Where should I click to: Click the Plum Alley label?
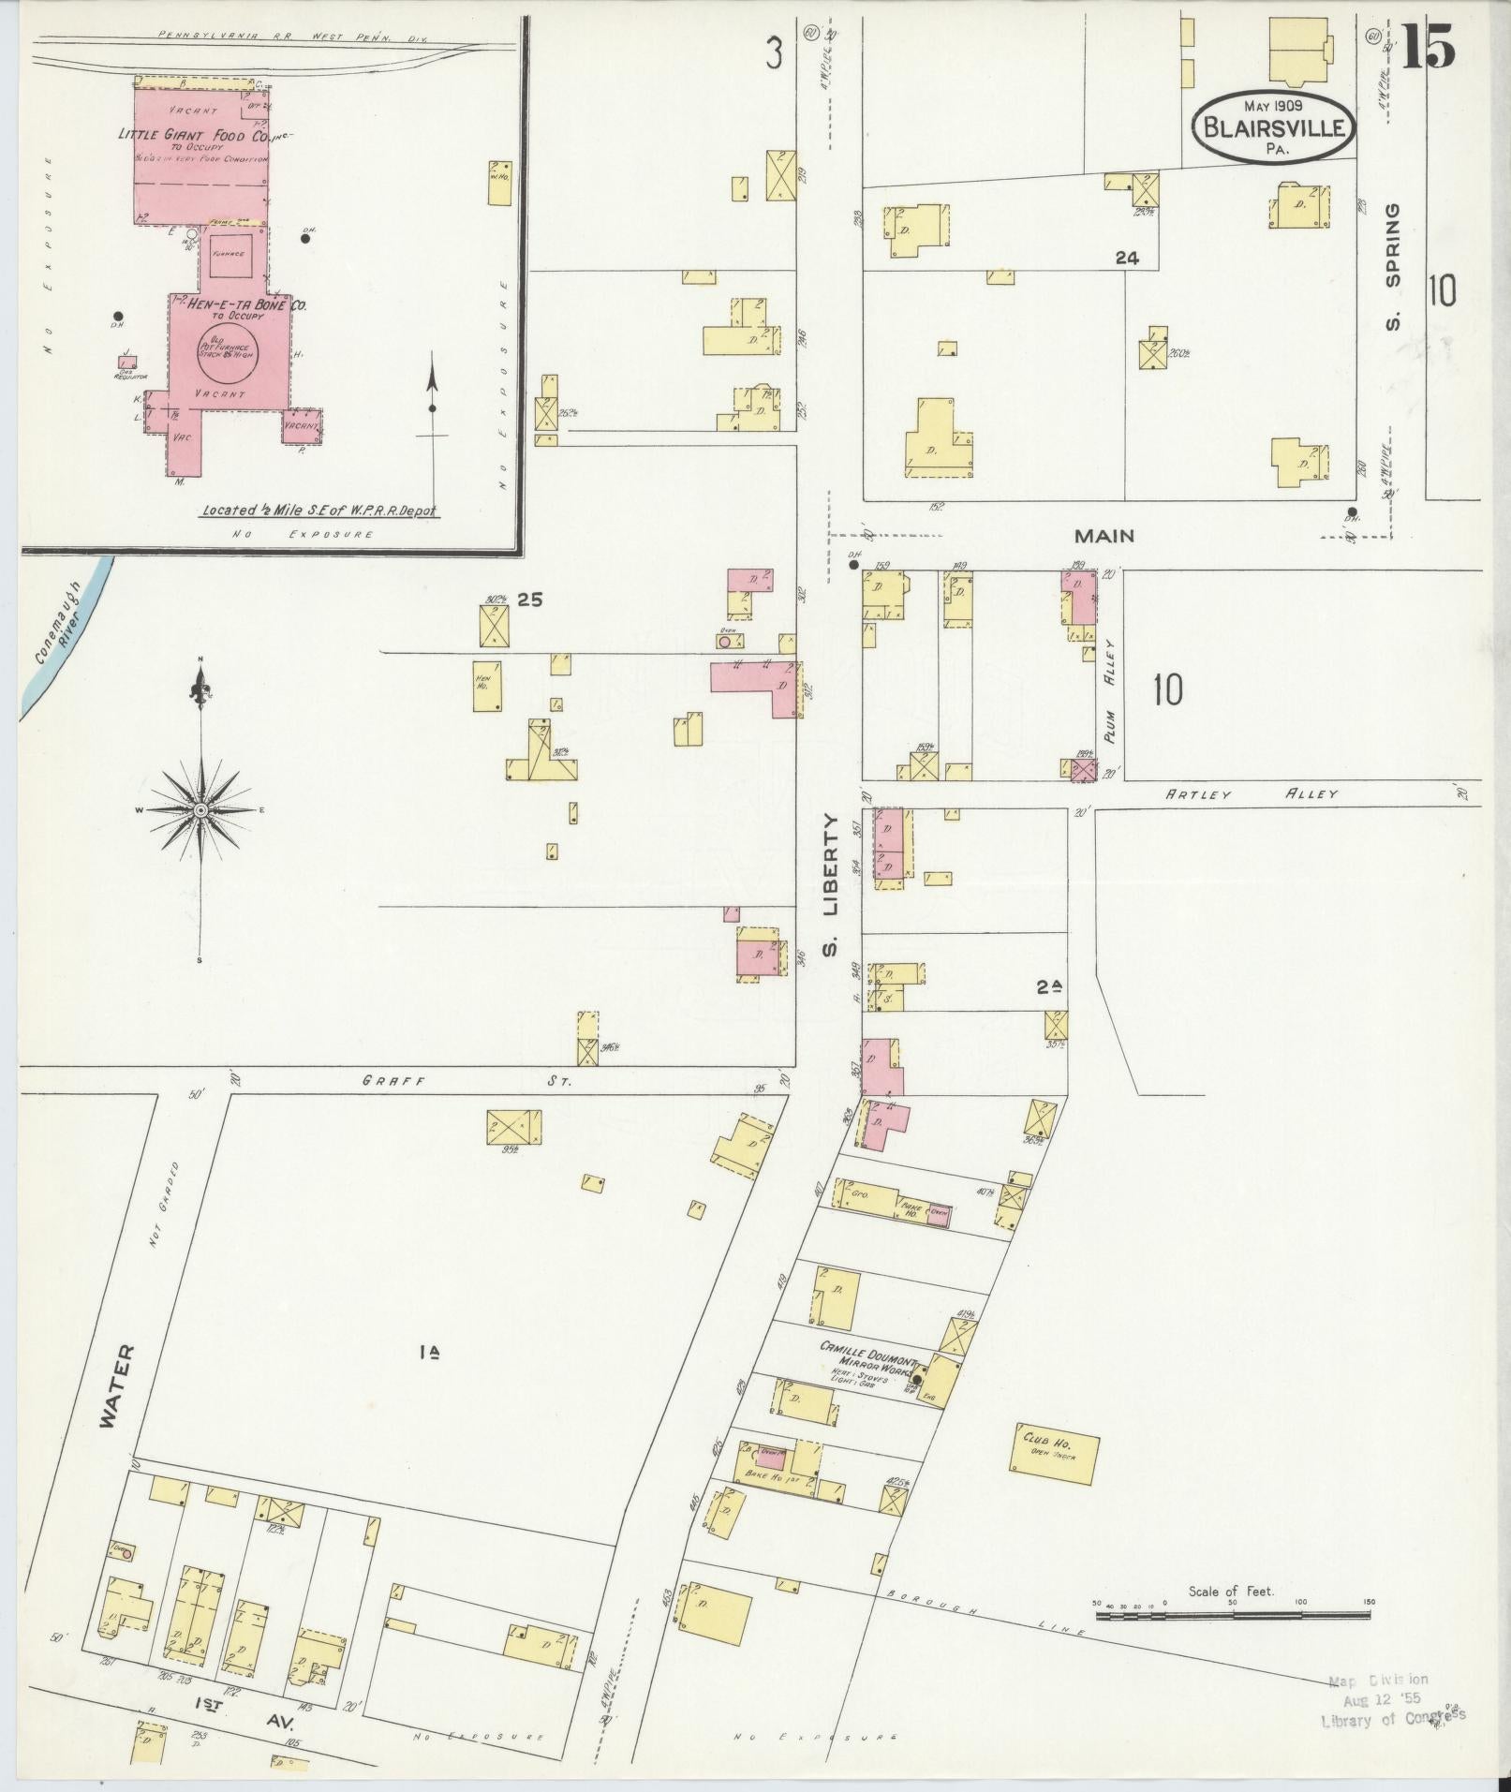pos(1112,690)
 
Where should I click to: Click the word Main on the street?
pos(1104,537)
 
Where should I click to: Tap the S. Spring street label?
pos(1393,267)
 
